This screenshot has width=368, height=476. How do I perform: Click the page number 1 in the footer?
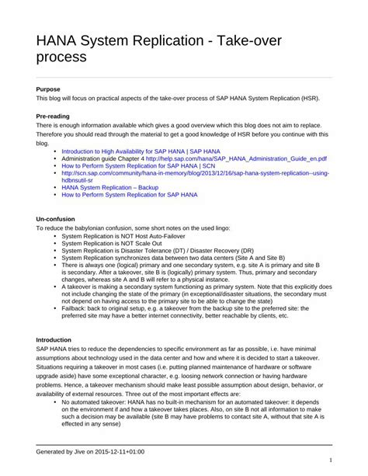[331, 460]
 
